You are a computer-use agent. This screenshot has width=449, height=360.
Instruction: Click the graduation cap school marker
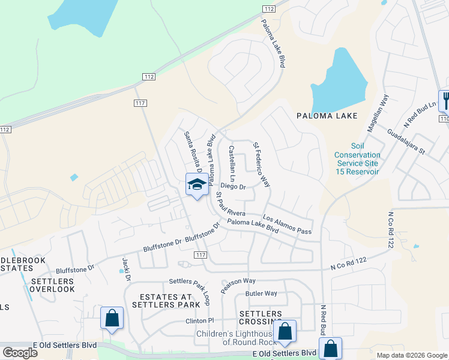point(196,185)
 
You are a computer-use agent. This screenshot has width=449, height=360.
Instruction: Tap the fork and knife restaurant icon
point(445,100)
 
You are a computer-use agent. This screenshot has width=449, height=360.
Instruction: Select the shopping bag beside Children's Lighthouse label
point(285,330)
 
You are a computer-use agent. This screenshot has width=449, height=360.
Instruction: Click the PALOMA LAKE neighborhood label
point(327,116)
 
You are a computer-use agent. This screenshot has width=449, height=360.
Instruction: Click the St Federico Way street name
point(262,164)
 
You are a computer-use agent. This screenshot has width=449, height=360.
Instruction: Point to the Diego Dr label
point(234,187)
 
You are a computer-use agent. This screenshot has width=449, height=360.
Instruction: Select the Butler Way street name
point(261,293)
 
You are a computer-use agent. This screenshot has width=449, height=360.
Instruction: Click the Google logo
point(20,353)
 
